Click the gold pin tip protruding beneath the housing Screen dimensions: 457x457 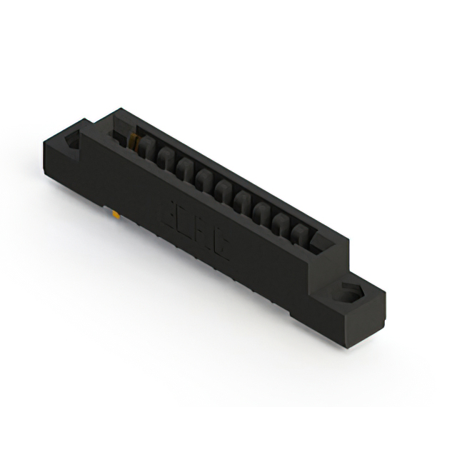(114, 212)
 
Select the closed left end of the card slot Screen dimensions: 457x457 (119, 129)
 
